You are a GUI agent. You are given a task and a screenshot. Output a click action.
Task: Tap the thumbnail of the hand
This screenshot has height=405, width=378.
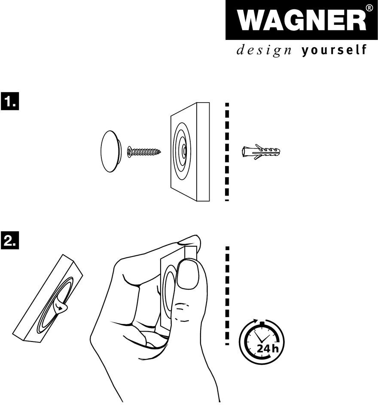click(x=187, y=276)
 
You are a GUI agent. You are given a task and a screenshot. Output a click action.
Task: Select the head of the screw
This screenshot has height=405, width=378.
click(x=131, y=151)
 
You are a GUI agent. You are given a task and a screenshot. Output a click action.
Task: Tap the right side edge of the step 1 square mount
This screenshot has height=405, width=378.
click(x=203, y=152)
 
